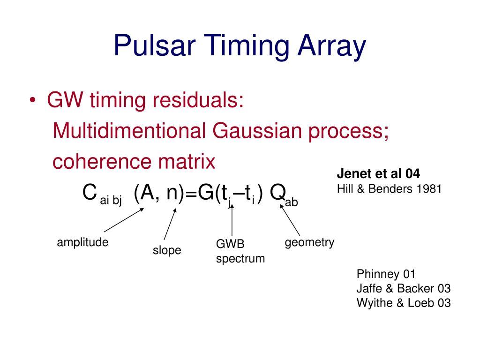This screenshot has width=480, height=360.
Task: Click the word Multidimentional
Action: point(129,131)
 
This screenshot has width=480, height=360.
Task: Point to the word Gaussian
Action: point(255,131)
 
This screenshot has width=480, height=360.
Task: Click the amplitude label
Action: point(82,242)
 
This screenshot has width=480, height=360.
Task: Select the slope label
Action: point(167,250)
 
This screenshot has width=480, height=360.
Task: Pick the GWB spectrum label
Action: point(240,251)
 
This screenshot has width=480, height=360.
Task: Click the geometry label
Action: point(309,242)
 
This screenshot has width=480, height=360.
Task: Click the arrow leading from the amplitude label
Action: point(123,220)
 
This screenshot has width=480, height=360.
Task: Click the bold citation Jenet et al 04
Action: point(378,174)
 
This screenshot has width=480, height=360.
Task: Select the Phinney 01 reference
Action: point(386,274)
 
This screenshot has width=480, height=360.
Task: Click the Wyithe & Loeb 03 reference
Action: point(404,303)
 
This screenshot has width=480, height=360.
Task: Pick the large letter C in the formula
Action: point(90,192)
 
